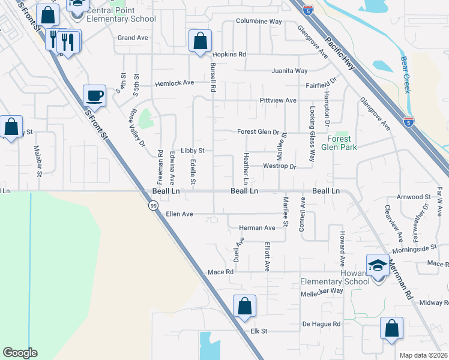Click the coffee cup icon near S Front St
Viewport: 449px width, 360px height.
pos(95,95)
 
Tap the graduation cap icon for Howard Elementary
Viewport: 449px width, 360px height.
pos(377,265)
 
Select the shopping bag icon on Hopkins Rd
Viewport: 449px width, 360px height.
pos(200,41)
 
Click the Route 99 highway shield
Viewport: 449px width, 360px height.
pos(153,205)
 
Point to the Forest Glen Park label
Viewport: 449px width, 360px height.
pos(339,143)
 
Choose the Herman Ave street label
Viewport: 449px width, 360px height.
pos(257,228)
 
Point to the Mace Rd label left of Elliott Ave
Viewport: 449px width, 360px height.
pos(220,272)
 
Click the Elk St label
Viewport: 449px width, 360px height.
pos(259,331)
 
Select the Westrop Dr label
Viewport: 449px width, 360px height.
pos(280,166)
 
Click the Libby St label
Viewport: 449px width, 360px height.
pos(193,151)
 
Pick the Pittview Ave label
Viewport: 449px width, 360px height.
pos(278,100)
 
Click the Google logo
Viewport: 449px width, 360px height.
pos(20,353)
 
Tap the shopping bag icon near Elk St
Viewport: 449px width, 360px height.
pos(244,306)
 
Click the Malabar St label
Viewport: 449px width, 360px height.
pos(37,161)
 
